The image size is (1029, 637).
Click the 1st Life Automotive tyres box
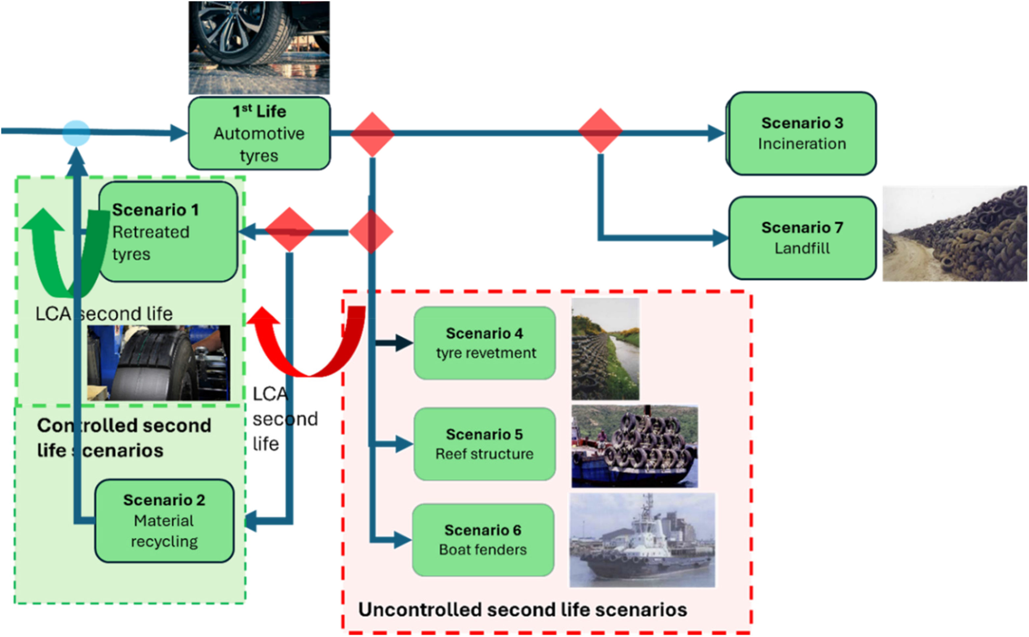259,133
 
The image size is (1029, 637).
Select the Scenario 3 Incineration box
801,133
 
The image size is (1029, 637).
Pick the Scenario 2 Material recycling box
164,521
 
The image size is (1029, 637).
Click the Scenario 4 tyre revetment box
485,343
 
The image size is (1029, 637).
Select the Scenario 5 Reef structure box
485,444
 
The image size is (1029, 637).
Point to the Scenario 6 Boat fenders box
483,540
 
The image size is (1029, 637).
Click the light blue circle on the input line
76,133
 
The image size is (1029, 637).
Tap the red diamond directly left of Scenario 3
600,131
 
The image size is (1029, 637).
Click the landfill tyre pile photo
955,234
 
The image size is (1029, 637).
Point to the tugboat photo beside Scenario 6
642,540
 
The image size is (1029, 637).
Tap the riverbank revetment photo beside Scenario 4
605,349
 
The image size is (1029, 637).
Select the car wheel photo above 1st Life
259,48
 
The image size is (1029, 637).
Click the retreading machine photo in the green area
159,363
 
